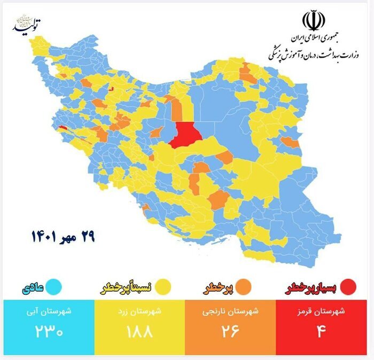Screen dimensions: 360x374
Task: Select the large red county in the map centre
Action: point(185,134)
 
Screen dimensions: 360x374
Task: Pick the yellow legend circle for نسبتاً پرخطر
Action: point(163,287)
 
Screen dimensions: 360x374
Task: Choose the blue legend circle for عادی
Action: point(53,287)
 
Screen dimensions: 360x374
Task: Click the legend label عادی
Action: point(33,288)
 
